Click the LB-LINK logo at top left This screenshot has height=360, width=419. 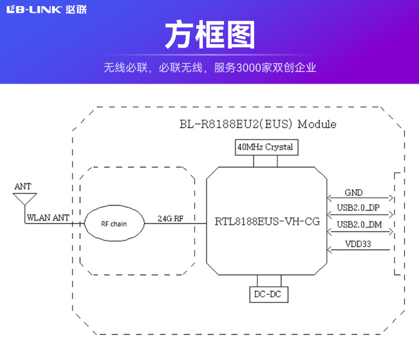(46, 9)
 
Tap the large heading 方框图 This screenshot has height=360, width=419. (209, 35)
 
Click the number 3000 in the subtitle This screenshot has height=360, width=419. (246, 68)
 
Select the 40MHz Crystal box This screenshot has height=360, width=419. (265, 147)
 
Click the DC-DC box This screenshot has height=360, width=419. (269, 294)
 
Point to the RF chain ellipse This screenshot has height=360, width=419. (114, 224)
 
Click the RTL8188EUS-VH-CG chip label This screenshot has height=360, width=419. (267, 222)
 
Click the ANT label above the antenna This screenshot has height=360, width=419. (23, 186)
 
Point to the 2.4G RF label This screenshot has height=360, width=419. (170, 218)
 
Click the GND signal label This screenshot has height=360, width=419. (353, 193)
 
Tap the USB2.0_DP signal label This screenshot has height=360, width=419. (358, 208)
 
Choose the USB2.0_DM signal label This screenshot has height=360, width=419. (358, 224)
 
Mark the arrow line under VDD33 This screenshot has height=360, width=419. (358, 249)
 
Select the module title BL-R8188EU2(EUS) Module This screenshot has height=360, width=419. (258, 124)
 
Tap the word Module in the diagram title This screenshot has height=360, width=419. (317, 124)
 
